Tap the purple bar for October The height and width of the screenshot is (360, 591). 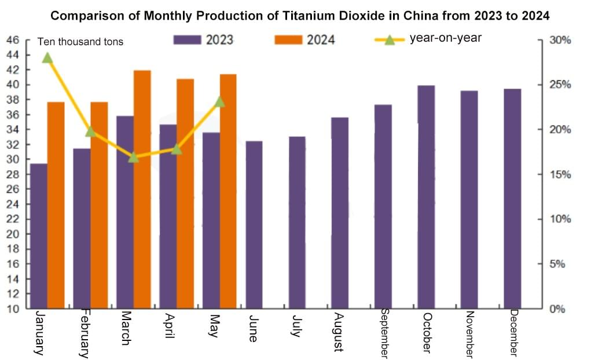point(427,197)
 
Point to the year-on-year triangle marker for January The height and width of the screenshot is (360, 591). point(47,58)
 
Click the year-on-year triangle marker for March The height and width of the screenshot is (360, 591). point(133,157)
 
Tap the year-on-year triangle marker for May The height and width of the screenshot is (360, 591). point(219,102)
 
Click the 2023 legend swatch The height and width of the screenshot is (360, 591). point(187,39)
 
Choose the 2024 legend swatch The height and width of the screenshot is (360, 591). point(288,39)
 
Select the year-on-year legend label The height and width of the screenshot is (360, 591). point(445,39)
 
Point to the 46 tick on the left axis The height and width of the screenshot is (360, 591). point(13,41)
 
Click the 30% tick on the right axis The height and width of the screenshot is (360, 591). point(560,41)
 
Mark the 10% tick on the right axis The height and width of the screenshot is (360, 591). point(560,219)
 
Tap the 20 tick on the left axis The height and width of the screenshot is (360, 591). point(13,234)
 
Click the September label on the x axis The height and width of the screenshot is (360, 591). point(384,333)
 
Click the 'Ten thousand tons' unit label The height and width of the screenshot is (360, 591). point(80,42)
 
